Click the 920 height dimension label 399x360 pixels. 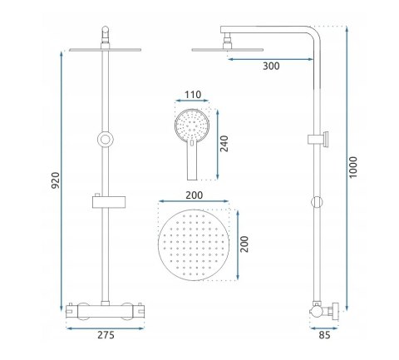pos(56,180)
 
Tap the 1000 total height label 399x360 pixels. pos(353,167)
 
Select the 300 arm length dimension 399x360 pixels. pos(271,67)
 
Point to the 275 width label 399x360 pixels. pos(106,335)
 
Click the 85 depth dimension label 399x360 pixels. pos(324,335)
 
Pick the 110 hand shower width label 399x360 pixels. pos(193,95)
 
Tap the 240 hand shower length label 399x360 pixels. pos(224,144)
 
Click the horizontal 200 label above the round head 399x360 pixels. pos(194,195)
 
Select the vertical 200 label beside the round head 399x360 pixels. pos(244,244)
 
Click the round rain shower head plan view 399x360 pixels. pos(194,244)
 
